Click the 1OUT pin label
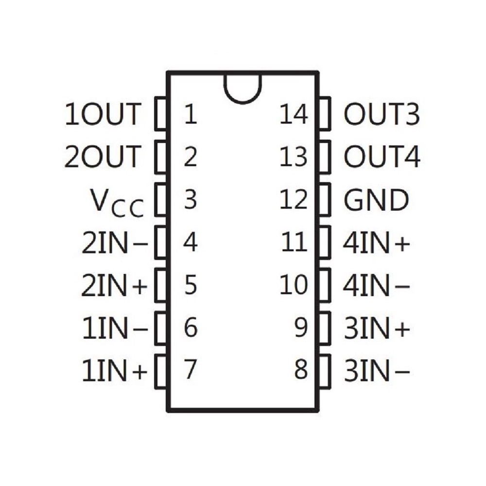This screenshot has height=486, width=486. coord(103,114)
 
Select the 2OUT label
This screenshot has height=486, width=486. coord(103,156)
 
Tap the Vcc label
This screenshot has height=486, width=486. coord(117,203)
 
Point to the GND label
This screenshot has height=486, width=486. coord(376,200)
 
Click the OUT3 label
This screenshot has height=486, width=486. coord(382,114)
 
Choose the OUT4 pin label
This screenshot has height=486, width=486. coord(382,156)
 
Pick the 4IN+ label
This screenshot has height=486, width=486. coord(377,243)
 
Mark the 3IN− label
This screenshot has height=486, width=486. coord(377,370)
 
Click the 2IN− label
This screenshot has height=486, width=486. coord(115,243)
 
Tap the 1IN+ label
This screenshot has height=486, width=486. coord(114,370)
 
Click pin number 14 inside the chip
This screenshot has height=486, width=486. coord(294,114)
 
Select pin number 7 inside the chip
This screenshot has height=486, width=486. coord(191,369)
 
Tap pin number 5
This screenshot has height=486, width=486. coord(191,284)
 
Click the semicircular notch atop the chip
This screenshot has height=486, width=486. coord(243,96)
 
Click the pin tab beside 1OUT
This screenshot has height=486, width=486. coord(160,113)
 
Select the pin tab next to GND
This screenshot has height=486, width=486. coord(325,199)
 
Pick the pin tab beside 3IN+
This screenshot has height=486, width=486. coord(325,328)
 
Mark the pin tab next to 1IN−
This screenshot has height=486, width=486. coord(160,328)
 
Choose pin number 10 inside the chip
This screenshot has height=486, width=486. coord(294,284)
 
